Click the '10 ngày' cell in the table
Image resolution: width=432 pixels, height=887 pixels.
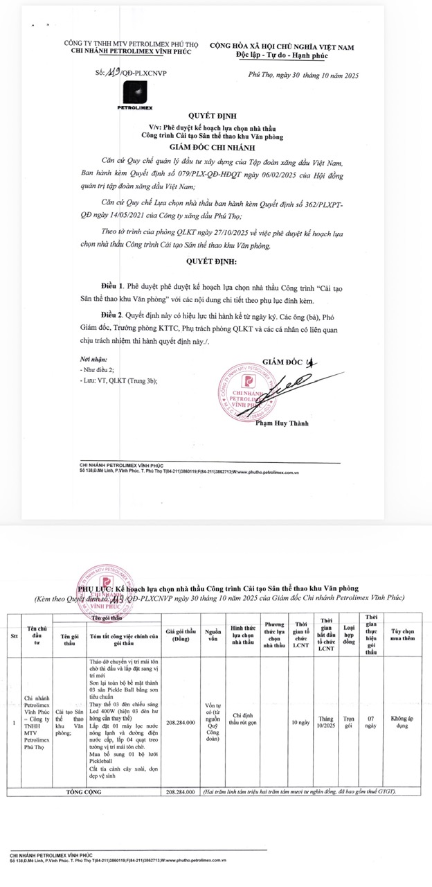pos(300,723)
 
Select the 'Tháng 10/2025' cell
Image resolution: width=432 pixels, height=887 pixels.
pos(326,723)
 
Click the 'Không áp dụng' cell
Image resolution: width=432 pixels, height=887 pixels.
pos(404,723)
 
